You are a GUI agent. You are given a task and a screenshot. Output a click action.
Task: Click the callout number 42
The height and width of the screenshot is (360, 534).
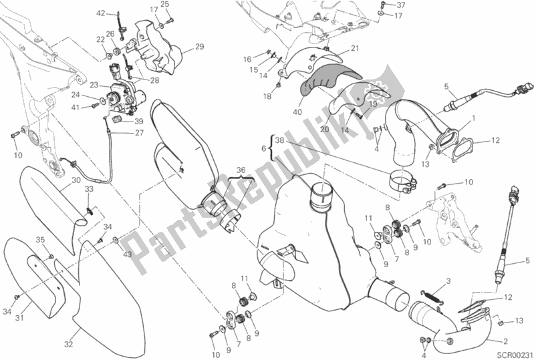(101, 13)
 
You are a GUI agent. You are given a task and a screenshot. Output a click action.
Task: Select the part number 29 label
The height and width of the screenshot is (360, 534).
(198, 46)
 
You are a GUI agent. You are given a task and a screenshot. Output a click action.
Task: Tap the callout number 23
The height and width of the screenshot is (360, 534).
(94, 85)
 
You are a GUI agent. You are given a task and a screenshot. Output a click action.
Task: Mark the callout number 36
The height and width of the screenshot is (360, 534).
(241, 170)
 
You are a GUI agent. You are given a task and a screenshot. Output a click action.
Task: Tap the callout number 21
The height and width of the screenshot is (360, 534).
(354, 48)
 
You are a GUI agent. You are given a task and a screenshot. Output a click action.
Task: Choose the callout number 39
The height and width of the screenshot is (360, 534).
(139, 122)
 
